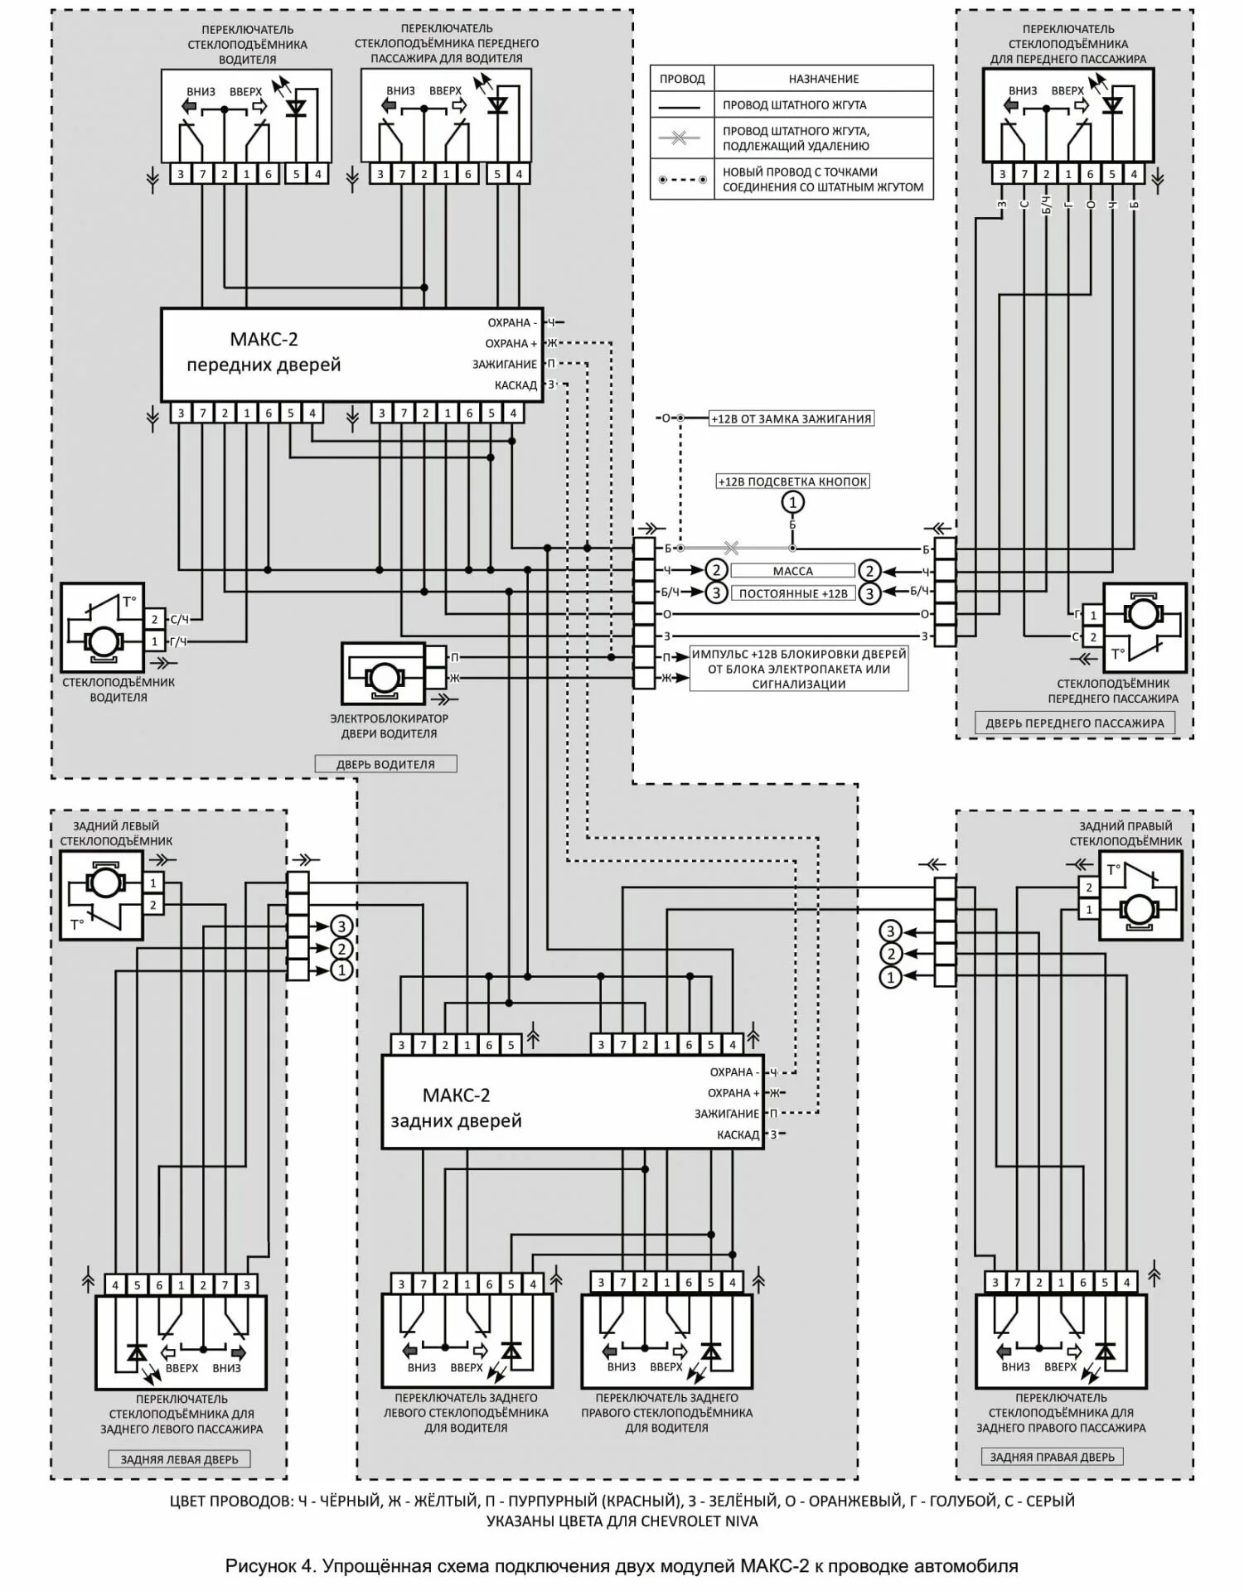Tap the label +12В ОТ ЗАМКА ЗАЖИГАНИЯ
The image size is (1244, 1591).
coord(791,418)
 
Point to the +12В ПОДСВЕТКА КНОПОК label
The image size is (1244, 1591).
coord(792,481)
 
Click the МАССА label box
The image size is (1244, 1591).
coord(792,571)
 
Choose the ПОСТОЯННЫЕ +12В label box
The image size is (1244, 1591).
coord(792,593)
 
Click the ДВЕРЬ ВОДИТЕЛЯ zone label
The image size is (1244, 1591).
coord(385,764)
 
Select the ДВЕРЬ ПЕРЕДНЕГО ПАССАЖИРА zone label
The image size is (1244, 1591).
coord(1074,723)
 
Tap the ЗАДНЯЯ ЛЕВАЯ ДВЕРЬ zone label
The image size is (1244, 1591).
coord(179,1459)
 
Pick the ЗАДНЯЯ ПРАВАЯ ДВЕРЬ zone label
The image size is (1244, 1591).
coord(1052,1457)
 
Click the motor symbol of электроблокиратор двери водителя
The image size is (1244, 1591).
coord(384,675)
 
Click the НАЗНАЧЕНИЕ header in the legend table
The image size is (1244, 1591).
coord(823,79)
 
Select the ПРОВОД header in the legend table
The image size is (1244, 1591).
coord(681,79)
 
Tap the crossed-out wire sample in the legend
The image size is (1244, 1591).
coord(680,138)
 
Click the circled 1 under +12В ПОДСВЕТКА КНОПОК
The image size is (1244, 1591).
coord(792,502)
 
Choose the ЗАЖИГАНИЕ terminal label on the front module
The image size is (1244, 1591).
coord(505,364)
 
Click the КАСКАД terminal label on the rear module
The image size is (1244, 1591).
coord(738,1134)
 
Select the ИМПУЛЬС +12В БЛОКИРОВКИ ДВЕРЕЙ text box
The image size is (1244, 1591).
coord(798,669)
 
